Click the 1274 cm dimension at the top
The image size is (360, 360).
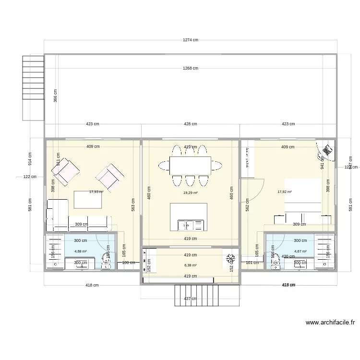point(191,40)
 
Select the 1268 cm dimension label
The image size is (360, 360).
point(191,68)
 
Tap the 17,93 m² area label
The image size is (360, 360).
point(96,192)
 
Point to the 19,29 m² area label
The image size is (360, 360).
point(191,193)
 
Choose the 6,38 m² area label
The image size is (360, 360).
point(191,265)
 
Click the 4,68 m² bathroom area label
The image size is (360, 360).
point(80,251)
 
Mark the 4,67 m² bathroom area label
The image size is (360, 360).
point(300,251)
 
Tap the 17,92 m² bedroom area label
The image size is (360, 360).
point(285,192)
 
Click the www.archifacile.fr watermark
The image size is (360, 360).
point(329,324)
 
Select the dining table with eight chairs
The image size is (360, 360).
point(190,166)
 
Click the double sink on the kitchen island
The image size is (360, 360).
point(189,224)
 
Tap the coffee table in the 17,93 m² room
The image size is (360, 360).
point(88,200)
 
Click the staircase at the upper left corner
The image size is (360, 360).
point(33,88)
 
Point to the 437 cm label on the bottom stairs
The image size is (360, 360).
point(191,299)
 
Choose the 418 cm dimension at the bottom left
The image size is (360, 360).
point(92,285)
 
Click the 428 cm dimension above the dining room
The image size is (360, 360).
point(191,124)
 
